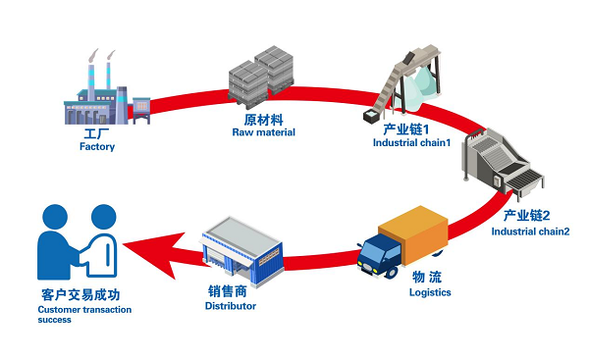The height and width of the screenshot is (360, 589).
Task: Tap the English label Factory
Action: (x=97, y=147)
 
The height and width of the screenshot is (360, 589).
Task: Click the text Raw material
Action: (x=263, y=131)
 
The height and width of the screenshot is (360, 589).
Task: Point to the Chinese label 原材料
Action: (x=263, y=118)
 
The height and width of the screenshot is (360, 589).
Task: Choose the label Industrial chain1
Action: (x=411, y=142)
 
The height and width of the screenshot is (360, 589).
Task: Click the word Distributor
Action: (x=231, y=306)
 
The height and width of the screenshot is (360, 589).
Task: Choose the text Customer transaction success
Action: (x=70, y=315)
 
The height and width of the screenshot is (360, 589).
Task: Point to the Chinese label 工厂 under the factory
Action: (x=97, y=132)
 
